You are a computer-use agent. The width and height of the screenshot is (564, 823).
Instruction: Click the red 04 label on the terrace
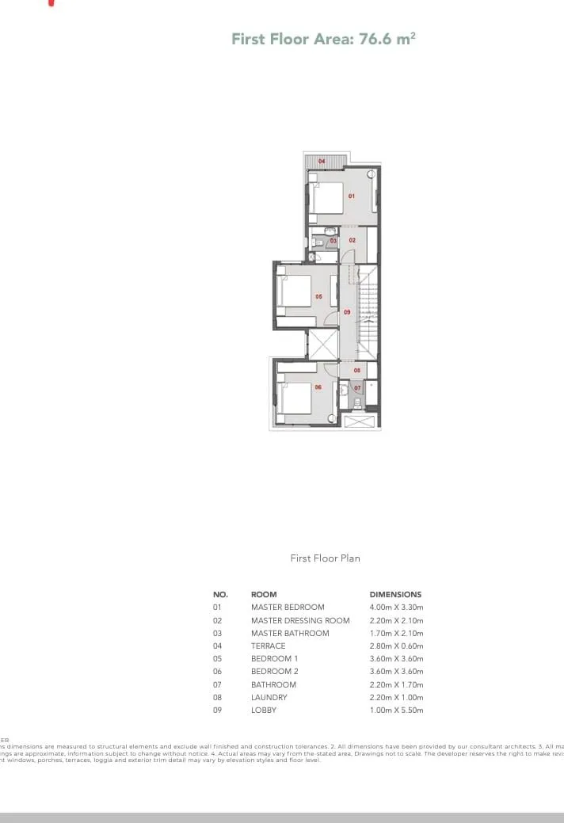click(x=322, y=162)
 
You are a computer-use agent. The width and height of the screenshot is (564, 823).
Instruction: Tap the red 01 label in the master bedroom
click(x=351, y=195)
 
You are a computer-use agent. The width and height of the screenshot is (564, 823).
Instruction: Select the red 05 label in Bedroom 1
click(x=318, y=296)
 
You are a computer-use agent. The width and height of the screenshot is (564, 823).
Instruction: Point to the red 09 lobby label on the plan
click(x=347, y=312)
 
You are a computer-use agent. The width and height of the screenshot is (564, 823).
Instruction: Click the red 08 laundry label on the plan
click(x=357, y=370)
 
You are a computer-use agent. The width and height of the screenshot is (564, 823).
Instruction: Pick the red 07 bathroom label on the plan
click(x=357, y=388)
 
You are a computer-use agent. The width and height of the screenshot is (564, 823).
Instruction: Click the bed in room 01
click(x=326, y=197)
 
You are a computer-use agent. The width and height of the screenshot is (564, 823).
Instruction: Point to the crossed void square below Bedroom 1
click(x=323, y=344)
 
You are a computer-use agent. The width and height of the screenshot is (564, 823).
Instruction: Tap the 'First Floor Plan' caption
click(x=325, y=558)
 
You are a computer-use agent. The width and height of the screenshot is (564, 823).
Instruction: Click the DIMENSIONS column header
click(x=395, y=594)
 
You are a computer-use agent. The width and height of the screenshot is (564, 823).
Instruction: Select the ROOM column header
click(x=264, y=594)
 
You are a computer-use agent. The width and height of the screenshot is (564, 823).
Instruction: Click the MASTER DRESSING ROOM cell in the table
click(x=300, y=620)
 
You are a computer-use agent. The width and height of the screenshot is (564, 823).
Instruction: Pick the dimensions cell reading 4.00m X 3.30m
click(x=396, y=608)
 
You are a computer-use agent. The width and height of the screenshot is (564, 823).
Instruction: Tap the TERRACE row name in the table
click(x=269, y=646)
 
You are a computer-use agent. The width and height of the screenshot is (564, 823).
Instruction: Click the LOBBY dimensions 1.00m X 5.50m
click(x=396, y=711)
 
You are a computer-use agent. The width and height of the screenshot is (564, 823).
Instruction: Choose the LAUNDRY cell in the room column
click(x=269, y=698)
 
